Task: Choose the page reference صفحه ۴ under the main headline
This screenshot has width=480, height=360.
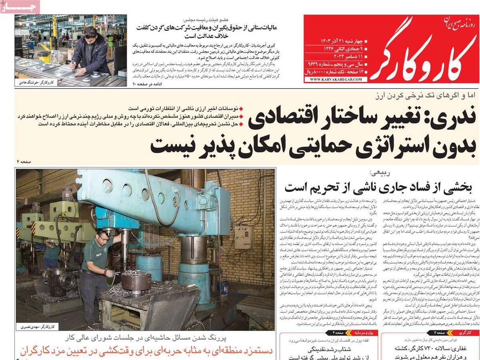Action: click(x=24, y=163)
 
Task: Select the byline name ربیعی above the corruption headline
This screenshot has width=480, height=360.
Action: click(x=377, y=173)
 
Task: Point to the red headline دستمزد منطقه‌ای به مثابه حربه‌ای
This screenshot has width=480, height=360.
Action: click(x=144, y=352)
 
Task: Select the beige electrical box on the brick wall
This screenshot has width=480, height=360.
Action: click(x=243, y=238)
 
